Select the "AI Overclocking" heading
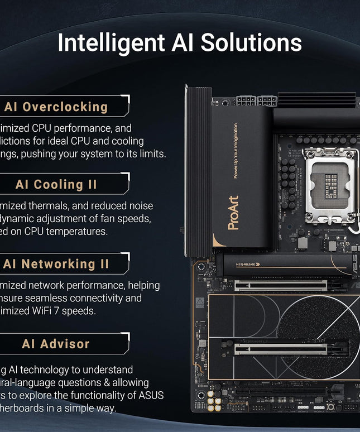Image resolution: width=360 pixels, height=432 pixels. [x=56, y=107]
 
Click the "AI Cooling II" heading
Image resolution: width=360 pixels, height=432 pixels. [x=56, y=184]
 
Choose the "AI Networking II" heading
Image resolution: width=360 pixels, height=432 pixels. [x=56, y=264]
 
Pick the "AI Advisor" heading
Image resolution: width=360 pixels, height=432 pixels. [x=56, y=344]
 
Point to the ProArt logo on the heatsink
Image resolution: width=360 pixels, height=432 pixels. [x=233, y=212]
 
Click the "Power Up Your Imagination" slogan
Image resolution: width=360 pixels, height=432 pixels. [x=235, y=151]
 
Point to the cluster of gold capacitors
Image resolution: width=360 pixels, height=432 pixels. [x=214, y=400]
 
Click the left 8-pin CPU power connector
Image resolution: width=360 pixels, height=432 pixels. [x=246, y=101]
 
